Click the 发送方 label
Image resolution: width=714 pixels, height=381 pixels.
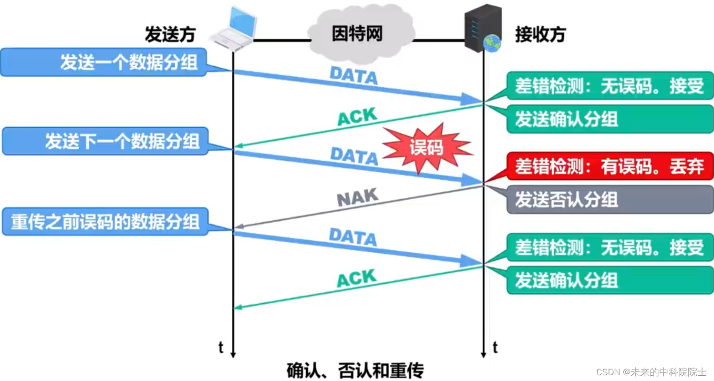(x=170, y=35)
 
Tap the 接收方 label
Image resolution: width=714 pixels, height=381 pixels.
(x=541, y=35)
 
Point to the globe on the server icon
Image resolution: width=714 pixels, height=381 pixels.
(x=492, y=43)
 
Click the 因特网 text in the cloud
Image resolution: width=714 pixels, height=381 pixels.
(x=357, y=34)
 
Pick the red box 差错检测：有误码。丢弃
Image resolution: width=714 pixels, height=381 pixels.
(x=610, y=166)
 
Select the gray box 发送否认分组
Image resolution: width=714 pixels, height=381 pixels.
(x=610, y=199)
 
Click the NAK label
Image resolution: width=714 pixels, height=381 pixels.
(x=357, y=197)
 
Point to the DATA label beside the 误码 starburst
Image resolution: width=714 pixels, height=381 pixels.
(x=354, y=155)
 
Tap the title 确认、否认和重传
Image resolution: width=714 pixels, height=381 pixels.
(x=355, y=370)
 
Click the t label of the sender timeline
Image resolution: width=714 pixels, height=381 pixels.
(x=221, y=348)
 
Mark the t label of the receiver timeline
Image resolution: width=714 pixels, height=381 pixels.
(x=495, y=348)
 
